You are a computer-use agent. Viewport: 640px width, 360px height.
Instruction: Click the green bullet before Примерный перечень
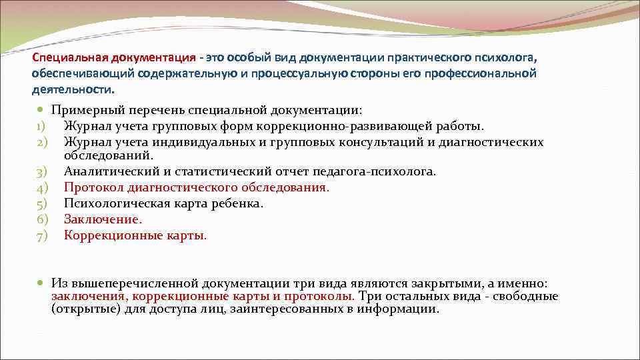point(41,110)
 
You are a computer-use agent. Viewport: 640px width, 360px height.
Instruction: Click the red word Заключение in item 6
point(102,219)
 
